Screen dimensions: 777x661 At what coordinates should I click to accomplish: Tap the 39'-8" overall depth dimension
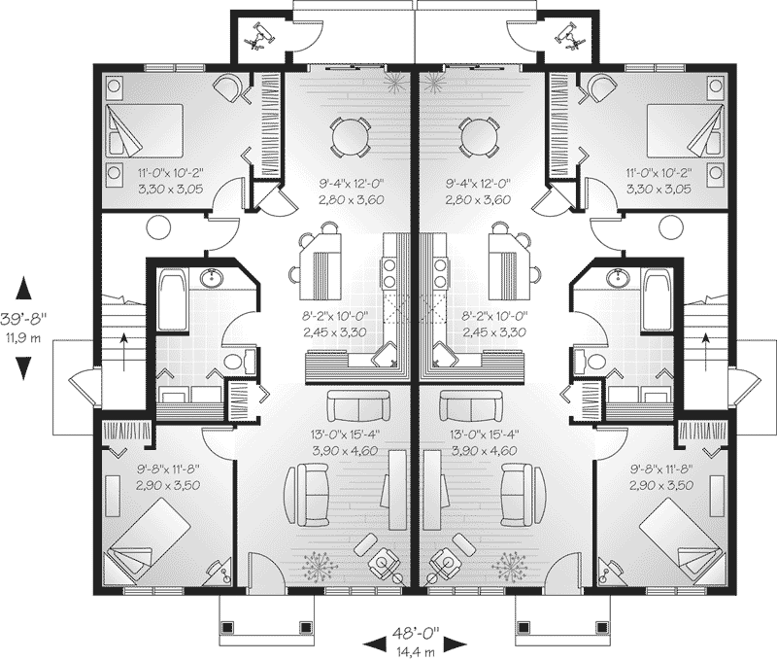22,320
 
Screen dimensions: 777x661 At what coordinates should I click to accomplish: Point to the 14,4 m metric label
416,650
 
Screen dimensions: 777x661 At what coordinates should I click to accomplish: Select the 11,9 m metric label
23,339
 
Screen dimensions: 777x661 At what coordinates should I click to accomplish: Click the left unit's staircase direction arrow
124,352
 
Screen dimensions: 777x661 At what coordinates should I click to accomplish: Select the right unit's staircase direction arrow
705,352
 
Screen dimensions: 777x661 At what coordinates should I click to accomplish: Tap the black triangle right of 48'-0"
455,644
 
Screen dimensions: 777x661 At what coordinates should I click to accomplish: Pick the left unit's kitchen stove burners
389,273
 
